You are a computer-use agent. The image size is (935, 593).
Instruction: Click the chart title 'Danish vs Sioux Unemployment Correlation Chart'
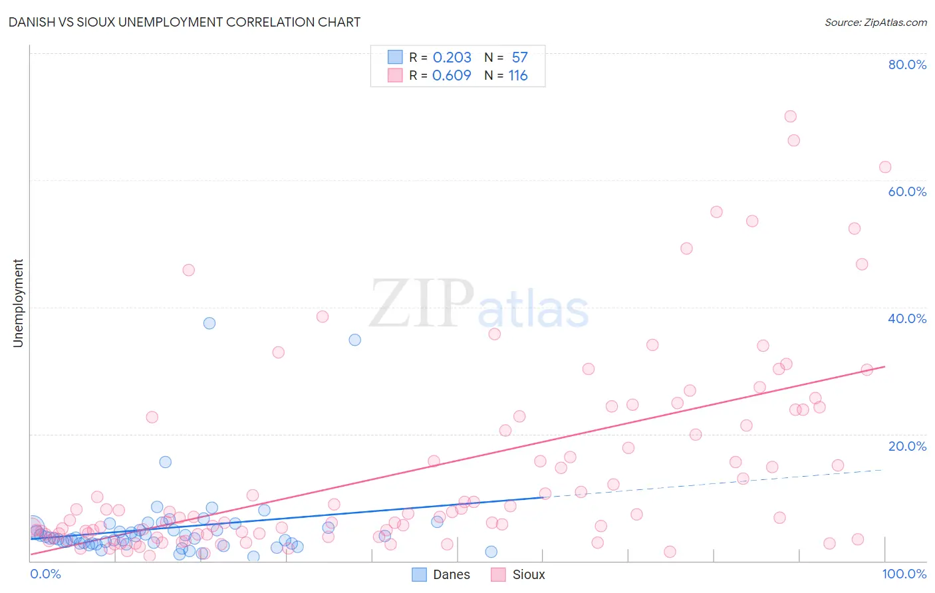point(184,22)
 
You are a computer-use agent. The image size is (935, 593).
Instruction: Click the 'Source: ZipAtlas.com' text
point(875,22)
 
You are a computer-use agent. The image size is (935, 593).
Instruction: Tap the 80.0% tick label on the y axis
point(907,64)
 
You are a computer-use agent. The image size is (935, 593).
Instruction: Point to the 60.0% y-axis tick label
point(907,191)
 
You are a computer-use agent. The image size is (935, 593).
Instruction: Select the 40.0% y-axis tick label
point(907,318)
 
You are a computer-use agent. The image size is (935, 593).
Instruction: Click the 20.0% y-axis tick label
point(907,446)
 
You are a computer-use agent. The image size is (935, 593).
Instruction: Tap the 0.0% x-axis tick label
point(46,574)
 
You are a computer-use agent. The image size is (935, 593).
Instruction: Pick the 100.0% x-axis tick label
point(904,574)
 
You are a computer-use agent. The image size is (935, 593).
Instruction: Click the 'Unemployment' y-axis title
point(18,303)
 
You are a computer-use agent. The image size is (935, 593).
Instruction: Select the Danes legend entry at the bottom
point(441,574)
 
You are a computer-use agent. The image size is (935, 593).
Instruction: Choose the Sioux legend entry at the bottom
point(518,574)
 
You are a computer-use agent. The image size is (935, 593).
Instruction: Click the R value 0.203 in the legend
point(452,57)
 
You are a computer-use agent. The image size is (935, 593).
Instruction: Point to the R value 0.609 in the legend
point(452,75)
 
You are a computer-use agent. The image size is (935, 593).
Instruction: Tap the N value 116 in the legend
point(518,75)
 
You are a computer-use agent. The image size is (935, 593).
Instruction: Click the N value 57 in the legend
point(519,57)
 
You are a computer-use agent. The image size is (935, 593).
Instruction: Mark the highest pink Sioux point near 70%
point(790,116)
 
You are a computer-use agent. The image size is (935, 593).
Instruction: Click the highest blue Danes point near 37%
point(209,323)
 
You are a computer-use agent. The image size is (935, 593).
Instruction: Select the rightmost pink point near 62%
point(885,167)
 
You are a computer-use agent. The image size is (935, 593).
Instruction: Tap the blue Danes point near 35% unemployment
point(355,340)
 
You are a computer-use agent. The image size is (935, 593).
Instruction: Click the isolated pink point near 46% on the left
point(189,270)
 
